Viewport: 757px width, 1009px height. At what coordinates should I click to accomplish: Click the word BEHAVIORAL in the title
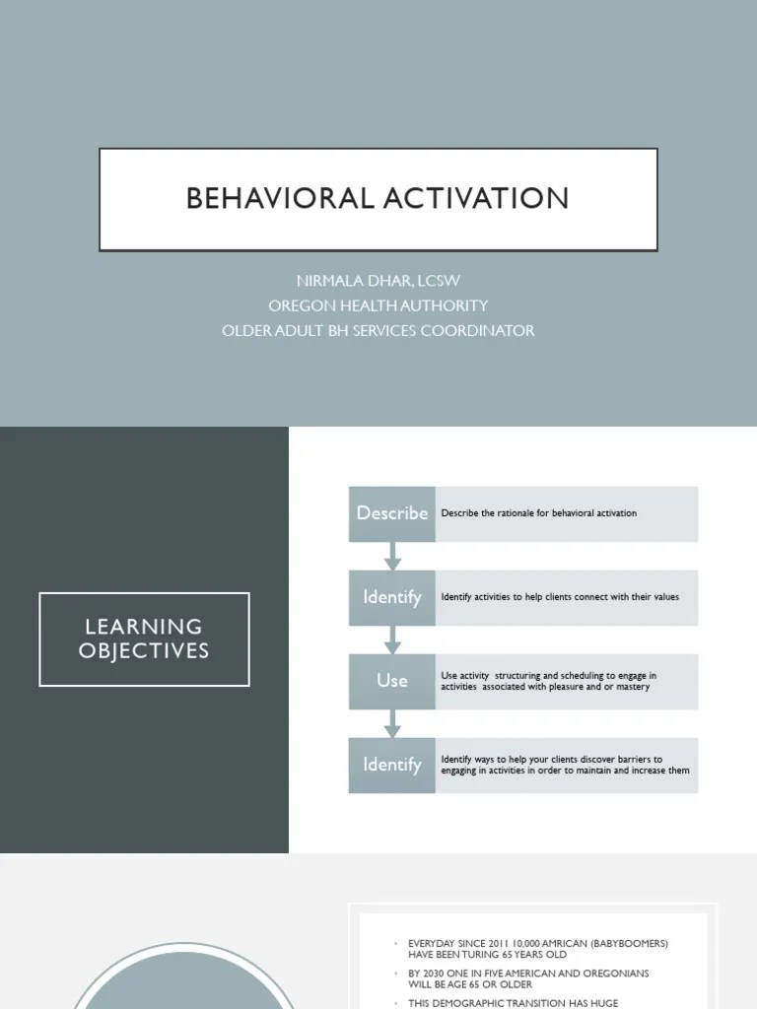click(277, 198)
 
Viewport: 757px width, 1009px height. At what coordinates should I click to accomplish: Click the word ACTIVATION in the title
click(472, 198)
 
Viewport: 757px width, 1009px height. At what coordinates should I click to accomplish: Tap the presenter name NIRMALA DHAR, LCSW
click(378, 281)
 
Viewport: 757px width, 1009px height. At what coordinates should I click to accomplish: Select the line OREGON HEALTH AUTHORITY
click(378, 305)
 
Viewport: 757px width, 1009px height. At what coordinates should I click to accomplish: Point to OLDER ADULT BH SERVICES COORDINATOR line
click(378, 330)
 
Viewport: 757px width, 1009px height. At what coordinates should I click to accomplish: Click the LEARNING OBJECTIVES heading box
click(144, 639)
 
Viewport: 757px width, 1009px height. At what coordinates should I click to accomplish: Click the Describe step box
click(391, 513)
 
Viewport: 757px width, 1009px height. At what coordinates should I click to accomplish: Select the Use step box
click(391, 681)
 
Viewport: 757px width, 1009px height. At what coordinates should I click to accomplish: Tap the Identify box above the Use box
click(391, 597)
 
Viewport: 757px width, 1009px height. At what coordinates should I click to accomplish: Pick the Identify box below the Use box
click(391, 765)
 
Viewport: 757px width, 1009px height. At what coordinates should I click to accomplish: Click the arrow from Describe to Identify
click(392, 556)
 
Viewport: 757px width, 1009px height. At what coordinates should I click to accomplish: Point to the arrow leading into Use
click(392, 639)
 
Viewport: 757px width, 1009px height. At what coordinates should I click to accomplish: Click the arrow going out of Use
click(392, 723)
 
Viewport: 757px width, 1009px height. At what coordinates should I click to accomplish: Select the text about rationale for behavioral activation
click(538, 513)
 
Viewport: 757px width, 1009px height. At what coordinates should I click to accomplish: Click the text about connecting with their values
click(560, 597)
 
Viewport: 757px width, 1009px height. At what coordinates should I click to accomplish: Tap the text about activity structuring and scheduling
click(548, 681)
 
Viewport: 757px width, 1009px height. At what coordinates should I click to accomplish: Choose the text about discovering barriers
click(565, 765)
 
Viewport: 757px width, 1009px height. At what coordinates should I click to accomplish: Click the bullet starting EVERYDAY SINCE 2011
click(537, 948)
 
